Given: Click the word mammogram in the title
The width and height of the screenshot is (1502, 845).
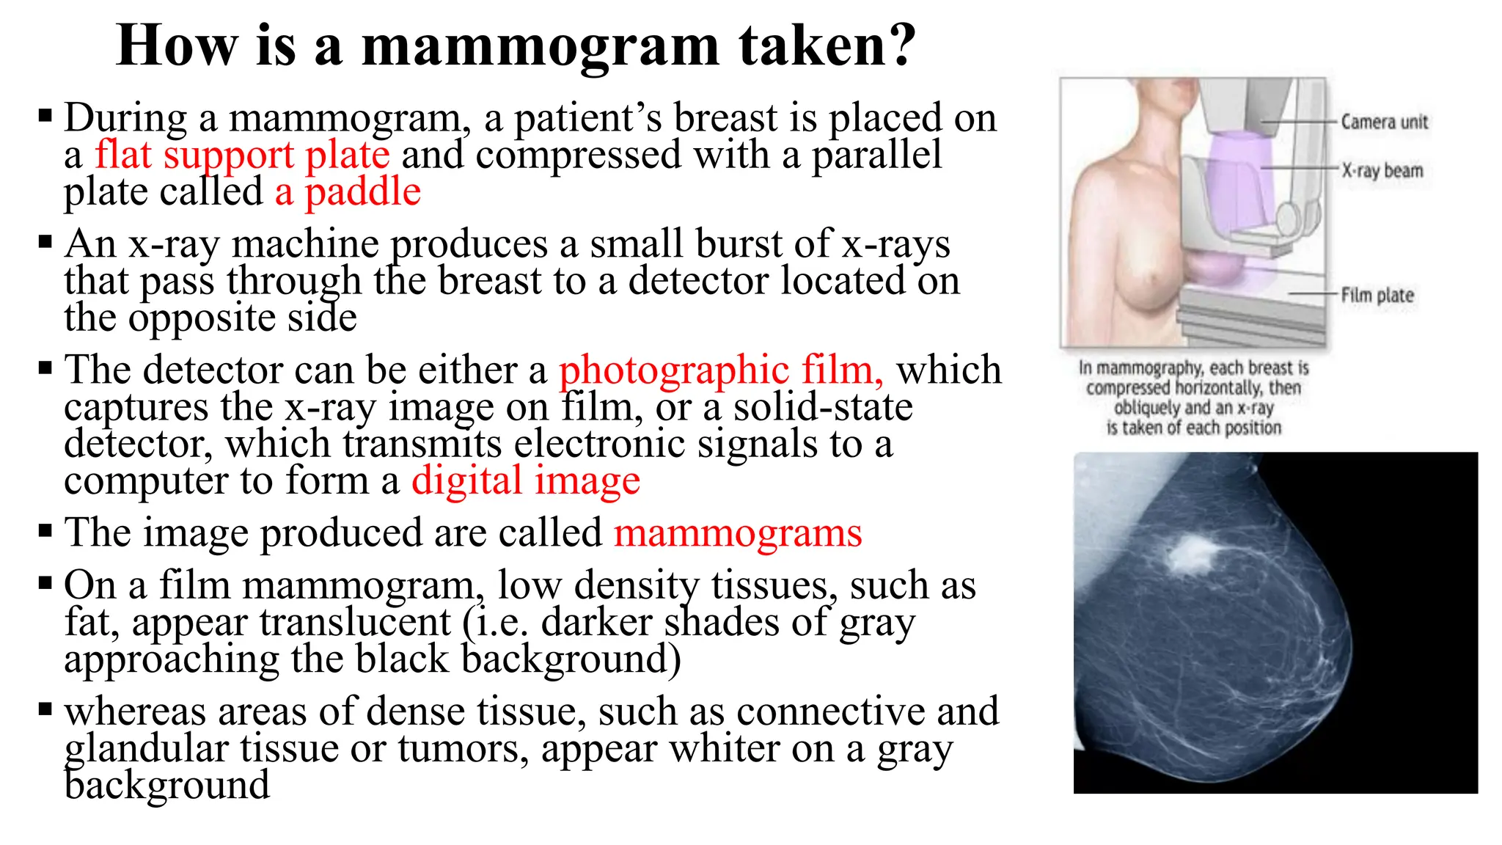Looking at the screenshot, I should point(541,47).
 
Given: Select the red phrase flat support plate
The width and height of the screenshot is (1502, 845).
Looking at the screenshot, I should point(242,155).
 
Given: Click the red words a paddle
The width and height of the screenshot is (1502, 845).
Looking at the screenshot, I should point(348,192).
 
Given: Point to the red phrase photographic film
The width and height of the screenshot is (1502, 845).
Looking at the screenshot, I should point(720,370).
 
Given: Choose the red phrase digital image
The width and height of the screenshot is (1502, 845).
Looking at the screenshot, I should point(525,481).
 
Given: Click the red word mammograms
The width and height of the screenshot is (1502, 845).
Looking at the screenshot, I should point(737,533).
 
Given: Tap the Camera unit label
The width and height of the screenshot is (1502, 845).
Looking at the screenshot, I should point(1384,122).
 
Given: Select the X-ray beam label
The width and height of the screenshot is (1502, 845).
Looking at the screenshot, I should point(1382,171).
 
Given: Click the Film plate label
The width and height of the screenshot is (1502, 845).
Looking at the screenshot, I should point(1377,295).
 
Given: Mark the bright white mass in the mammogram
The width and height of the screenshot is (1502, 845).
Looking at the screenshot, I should point(1192,554).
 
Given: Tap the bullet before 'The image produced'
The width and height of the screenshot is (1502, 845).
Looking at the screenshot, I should point(45,530).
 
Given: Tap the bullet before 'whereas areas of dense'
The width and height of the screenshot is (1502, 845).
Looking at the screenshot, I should point(45,709).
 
